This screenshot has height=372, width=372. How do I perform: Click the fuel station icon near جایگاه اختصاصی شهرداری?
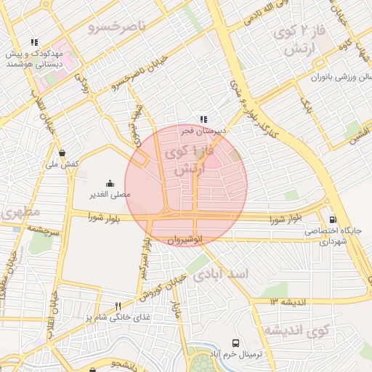(333, 219)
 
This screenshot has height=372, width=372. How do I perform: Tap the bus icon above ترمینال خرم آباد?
(235, 342)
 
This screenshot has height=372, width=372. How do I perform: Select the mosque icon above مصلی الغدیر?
(110, 183)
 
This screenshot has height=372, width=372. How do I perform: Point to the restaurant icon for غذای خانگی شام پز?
(118, 306)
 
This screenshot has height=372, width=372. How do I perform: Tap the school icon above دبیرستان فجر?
(204, 119)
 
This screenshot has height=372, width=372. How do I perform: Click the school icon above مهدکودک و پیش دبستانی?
(33, 43)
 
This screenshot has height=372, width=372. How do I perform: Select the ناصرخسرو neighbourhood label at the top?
(117, 27)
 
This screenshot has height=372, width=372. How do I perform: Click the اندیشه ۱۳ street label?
(288, 301)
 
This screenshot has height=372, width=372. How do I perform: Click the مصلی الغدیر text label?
(110, 195)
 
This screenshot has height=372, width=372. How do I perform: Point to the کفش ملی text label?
(62, 165)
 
